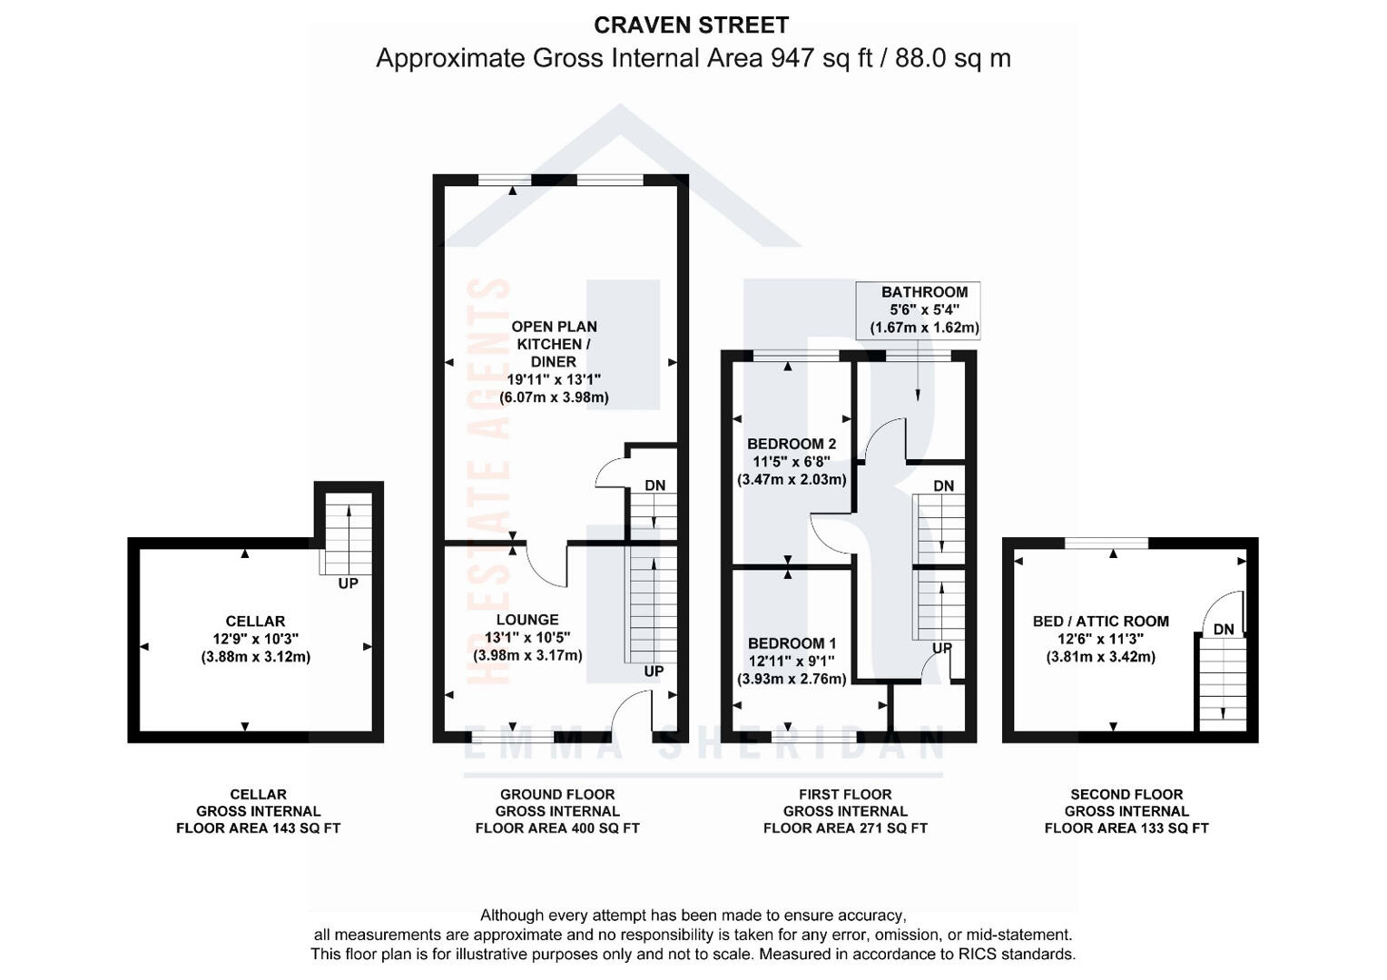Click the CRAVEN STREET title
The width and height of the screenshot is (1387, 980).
[x=691, y=25]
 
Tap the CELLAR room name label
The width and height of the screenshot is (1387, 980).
[x=255, y=621]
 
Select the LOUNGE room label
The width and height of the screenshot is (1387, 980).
[x=527, y=620]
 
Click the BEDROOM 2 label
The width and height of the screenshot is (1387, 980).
[x=792, y=444]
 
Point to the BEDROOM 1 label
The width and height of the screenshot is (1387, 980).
[x=792, y=643]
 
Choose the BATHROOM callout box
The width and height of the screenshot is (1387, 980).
[x=918, y=310]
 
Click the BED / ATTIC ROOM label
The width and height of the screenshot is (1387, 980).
[x=1101, y=621]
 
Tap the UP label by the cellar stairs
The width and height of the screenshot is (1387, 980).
[x=348, y=583]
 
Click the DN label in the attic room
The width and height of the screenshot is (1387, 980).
[x=1224, y=630]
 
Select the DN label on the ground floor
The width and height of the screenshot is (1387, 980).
[x=655, y=485]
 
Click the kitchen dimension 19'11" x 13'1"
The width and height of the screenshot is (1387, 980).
[x=555, y=379]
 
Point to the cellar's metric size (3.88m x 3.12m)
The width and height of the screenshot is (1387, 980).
[x=256, y=657]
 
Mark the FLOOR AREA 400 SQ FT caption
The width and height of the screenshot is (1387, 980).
[x=557, y=828]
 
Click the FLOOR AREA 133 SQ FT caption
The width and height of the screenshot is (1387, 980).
[x=1126, y=828]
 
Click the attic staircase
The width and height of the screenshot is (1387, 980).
[x=1223, y=684]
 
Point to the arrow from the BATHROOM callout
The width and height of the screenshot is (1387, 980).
[x=918, y=369]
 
